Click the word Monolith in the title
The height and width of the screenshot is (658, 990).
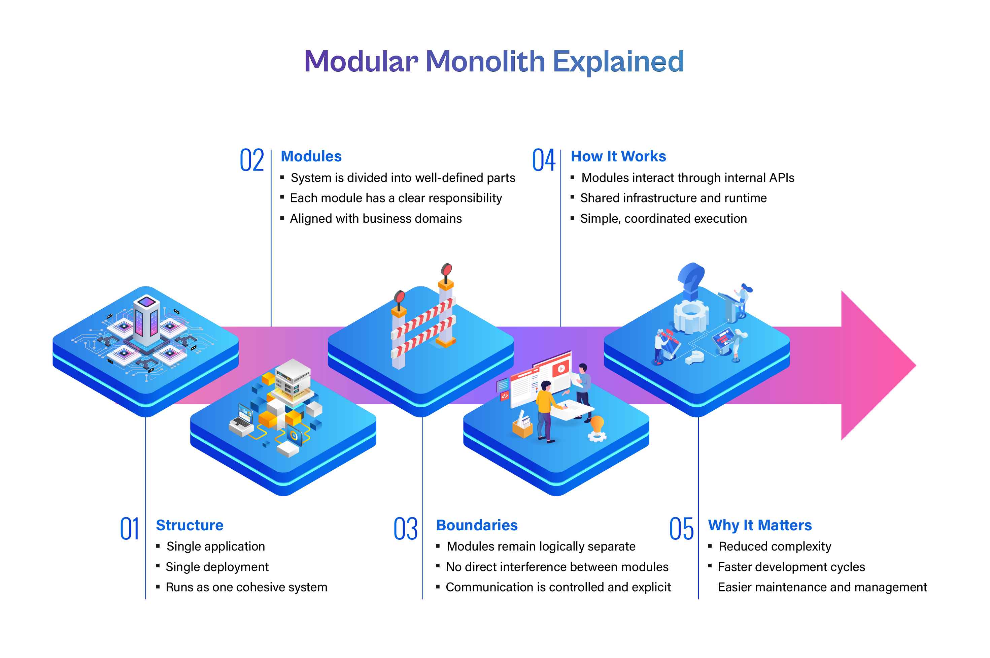tap(485, 61)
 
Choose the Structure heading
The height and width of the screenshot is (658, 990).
tap(190, 525)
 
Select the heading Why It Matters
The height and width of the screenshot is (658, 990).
tap(760, 525)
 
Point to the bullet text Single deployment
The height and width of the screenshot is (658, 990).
tap(217, 567)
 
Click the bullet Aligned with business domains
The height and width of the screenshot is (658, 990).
tap(376, 219)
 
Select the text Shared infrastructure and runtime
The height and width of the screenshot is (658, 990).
tap(674, 198)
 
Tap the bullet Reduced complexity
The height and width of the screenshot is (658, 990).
tap(775, 546)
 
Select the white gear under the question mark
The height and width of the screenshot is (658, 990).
tap(691, 317)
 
